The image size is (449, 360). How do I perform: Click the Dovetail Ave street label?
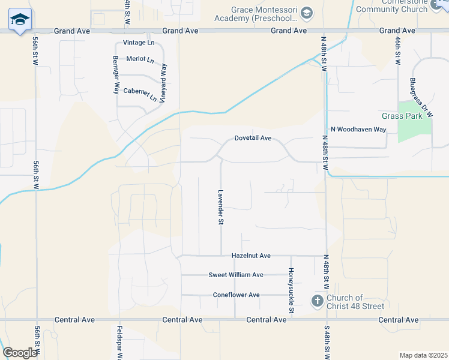[253, 138]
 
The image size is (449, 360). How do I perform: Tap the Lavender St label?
[220, 207]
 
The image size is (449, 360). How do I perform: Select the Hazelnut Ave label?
[251, 256]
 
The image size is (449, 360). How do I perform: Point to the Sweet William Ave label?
[236, 275]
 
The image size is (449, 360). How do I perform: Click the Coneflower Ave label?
[236, 295]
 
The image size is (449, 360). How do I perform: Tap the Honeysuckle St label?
[291, 290]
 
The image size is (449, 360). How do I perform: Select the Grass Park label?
[402, 116]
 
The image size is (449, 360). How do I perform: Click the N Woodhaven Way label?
[358, 129]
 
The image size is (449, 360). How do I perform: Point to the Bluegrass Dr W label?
[419, 96]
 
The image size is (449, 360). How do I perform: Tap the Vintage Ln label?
[138, 43]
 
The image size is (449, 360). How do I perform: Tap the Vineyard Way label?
[162, 77]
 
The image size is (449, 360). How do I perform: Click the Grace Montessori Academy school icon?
[307, 13]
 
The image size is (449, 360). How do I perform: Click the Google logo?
[19, 353]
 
